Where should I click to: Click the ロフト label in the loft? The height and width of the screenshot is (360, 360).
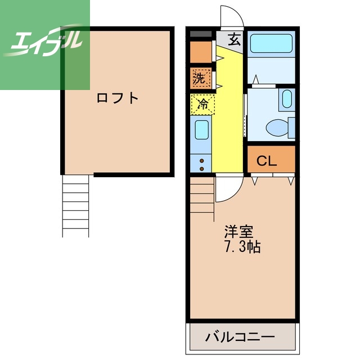tap(117, 98)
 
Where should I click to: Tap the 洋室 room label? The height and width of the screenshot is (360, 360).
tap(238, 231)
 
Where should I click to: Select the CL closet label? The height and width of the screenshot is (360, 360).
tap(267, 161)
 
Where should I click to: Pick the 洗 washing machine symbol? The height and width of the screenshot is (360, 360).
tap(200, 78)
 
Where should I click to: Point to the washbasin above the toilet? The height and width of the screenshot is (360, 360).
tap(287, 100)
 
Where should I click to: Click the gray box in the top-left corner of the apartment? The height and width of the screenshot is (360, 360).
tap(200, 34)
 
